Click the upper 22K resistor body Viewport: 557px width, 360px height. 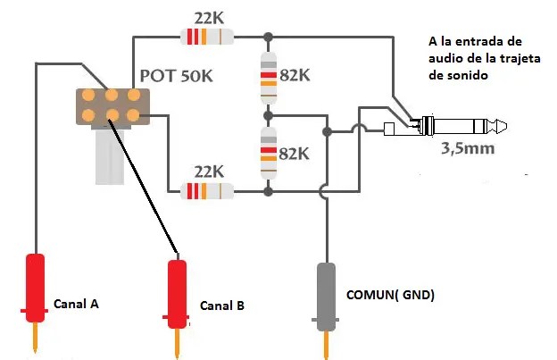(207, 37)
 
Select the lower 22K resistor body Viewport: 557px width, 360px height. (207, 190)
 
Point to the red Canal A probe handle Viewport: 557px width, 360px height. (35, 286)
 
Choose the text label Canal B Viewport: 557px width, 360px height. (221, 306)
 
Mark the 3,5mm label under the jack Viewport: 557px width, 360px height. (466, 149)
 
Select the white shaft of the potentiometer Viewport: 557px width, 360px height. (110, 156)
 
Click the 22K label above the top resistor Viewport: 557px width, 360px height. (207, 17)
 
